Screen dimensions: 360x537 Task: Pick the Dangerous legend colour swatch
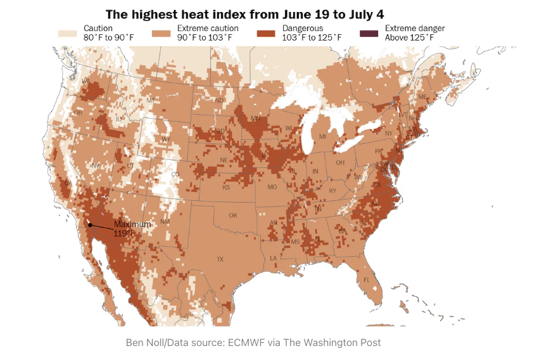268,33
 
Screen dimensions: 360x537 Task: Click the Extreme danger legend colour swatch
370,33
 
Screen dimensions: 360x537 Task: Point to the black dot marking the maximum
90,224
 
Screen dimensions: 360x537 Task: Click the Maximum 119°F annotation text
132,229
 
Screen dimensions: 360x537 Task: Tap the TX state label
220,259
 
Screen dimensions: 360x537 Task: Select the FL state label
367,280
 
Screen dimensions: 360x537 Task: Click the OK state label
233,215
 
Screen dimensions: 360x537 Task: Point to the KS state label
226,188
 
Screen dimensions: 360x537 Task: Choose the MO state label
272,188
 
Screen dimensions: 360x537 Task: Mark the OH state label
340,162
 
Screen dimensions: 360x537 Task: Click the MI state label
322,136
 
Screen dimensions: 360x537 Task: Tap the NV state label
96,165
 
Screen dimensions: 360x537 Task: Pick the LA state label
274,259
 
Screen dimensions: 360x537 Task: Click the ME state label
422,96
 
